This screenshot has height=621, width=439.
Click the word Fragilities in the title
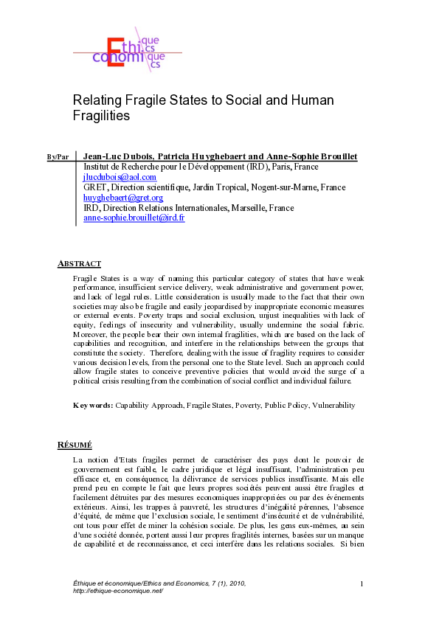pos(102,116)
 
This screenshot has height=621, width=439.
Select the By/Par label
pos(58,157)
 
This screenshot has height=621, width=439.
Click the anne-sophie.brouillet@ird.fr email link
pos(134,218)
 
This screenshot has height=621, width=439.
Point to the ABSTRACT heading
pos(79,263)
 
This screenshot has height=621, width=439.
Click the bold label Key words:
pos(93,405)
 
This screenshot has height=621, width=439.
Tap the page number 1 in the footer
pos(362,584)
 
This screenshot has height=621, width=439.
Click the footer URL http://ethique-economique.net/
pos(113,591)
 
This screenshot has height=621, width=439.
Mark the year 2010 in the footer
pos(234,583)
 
